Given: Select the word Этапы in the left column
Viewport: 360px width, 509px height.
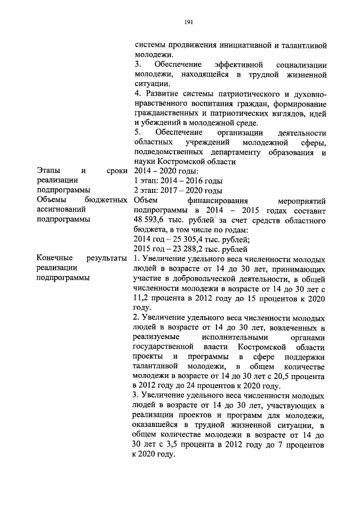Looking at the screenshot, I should coord(49,170).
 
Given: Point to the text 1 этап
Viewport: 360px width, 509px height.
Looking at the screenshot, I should coord(146,181).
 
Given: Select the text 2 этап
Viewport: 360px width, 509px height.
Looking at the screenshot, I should coord(146,190).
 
